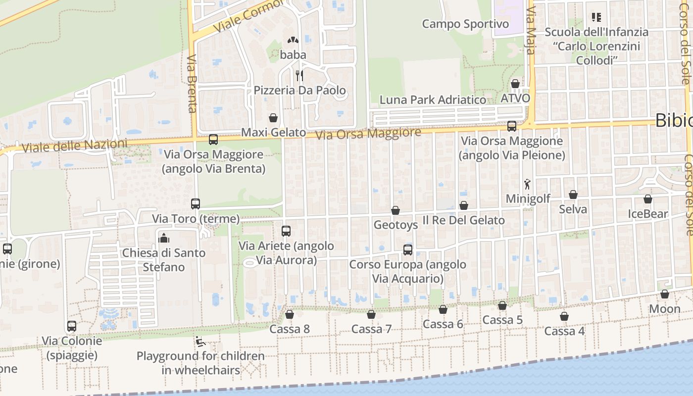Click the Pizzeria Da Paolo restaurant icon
[x=299, y=76]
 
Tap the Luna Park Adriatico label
[x=433, y=99]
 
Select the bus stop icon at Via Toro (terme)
[x=196, y=204]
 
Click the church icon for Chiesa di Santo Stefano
[x=163, y=238]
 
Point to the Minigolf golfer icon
[x=528, y=184]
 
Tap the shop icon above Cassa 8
[x=290, y=314]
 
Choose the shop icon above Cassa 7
[x=371, y=314]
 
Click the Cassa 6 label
[x=443, y=324]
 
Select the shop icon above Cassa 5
[x=502, y=305]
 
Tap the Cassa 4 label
[x=564, y=331]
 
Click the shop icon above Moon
[x=665, y=294]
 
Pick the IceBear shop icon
[x=648, y=199]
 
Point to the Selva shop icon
[x=573, y=195]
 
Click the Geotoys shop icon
[x=396, y=210]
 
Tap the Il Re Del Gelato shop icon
[x=464, y=205]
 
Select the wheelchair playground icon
[x=200, y=341]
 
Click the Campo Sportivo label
[x=465, y=24]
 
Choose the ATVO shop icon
[x=515, y=84]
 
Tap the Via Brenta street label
[x=193, y=84]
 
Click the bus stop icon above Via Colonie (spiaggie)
[x=72, y=326]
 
